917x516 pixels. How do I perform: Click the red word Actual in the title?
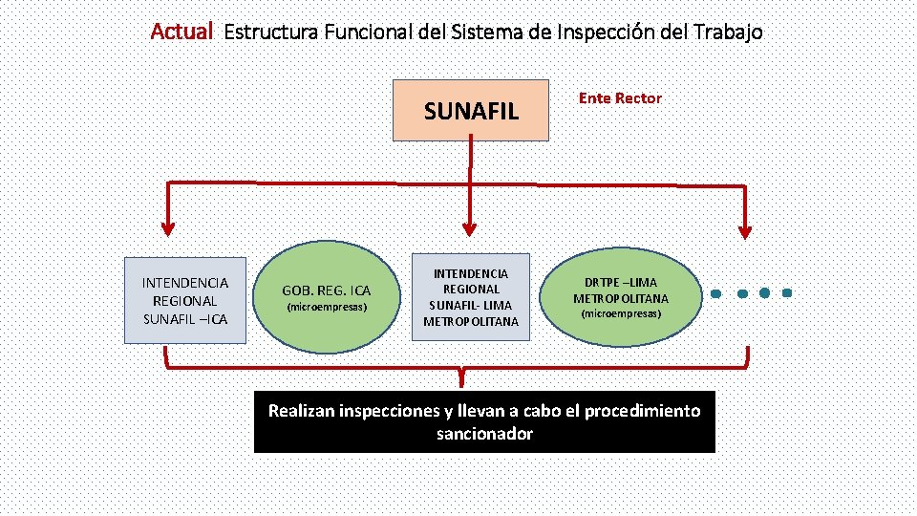click(181, 32)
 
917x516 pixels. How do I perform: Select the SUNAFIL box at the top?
click(471, 110)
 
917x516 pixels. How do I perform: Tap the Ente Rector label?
click(620, 98)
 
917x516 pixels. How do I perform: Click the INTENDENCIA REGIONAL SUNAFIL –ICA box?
click(185, 300)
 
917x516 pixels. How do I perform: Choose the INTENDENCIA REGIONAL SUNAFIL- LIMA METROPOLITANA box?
click(471, 297)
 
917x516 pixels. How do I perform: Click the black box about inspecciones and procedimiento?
click(484, 421)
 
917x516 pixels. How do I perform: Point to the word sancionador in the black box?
click(484, 434)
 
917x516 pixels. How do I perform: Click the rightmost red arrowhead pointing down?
click(746, 230)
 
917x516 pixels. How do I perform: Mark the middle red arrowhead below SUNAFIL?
click(469, 228)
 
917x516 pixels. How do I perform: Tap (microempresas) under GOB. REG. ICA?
click(328, 308)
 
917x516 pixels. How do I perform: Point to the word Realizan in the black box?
click(301, 411)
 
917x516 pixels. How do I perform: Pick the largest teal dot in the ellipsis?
click(765, 292)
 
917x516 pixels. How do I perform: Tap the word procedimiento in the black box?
click(642, 411)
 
